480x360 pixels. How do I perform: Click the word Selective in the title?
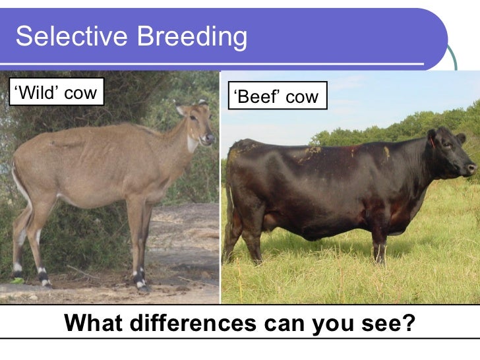[x=66, y=37]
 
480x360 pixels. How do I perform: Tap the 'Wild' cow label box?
[x=54, y=93]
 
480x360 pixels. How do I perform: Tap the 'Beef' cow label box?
[x=276, y=97]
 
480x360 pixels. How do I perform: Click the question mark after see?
[x=409, y=324]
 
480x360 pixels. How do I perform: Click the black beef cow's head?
[x=448, y=153]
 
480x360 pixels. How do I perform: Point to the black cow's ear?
[x=432, y=139]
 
